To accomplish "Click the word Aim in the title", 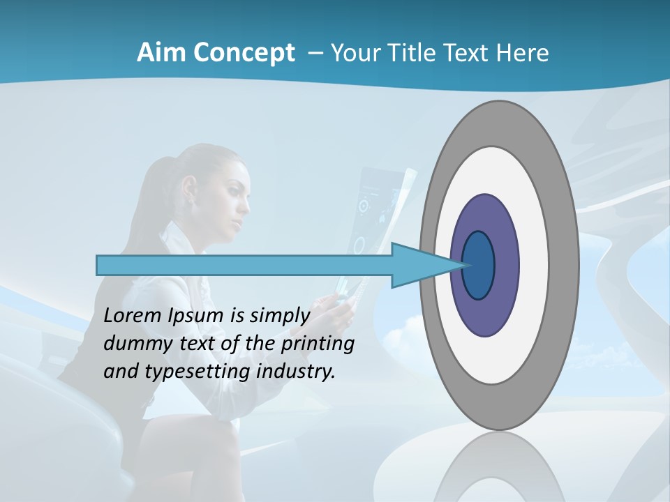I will click(x=161, y=53).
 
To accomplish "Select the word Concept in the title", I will click(x=243, y=54).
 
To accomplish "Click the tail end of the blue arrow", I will click(x=101, y=265).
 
